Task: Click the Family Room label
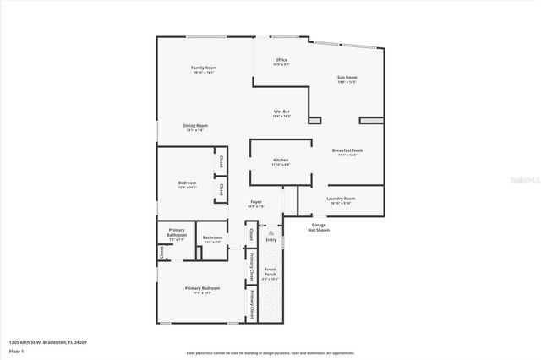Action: (204, 68)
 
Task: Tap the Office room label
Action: (282, 60)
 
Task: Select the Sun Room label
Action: (347, 78)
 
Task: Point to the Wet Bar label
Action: (281, 112)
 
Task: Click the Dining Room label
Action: (195, 126)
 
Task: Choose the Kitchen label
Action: (281, 160)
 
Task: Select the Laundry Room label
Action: (342, 199)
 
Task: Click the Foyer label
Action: (255, 203)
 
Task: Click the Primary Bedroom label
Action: (203, 288)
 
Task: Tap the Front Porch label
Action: (270, 272)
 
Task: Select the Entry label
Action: (271, 240)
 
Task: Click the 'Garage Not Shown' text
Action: (319, 227)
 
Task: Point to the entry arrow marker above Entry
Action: (271, 232)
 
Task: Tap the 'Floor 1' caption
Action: (16, 350)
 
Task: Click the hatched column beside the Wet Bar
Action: (314, 121)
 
